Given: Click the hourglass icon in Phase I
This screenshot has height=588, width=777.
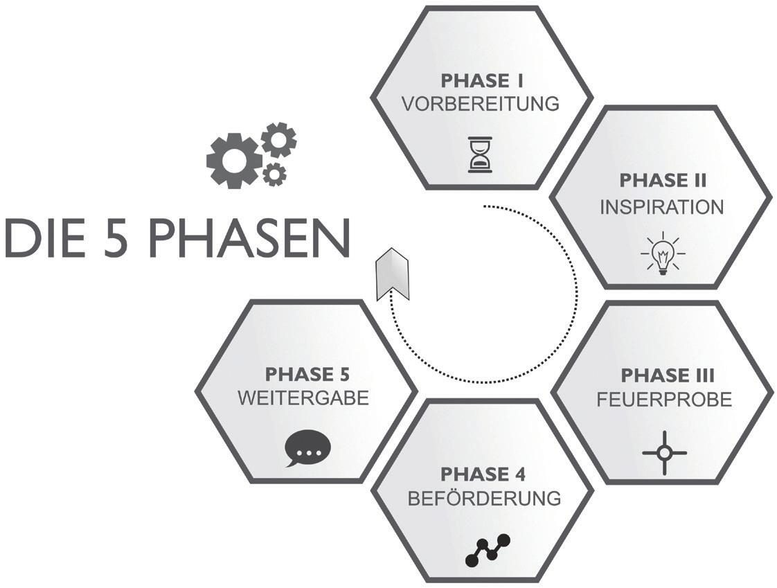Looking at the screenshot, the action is [480, 154].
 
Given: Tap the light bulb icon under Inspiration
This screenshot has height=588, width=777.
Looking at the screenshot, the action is [663, 253].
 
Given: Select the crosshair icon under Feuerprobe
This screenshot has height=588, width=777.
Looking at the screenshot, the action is [664, 453].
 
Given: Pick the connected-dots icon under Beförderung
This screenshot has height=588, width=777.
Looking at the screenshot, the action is [487, 547].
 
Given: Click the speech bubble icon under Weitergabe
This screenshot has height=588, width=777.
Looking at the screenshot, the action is [307, 449].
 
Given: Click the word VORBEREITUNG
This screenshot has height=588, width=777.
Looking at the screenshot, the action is [481, 104].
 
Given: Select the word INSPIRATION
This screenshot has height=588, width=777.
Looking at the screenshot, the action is [662, 207].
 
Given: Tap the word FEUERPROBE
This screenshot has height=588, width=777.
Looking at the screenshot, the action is [664, 400].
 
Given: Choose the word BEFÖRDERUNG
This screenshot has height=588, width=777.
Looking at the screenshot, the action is [483, 499].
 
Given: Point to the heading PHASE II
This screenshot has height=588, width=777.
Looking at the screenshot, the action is [663, 181].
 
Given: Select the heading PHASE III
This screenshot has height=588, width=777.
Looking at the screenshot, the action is [668, 375].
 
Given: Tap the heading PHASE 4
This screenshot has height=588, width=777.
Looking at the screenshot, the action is [483, 474].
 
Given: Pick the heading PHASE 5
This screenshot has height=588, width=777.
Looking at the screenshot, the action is [307, 375].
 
